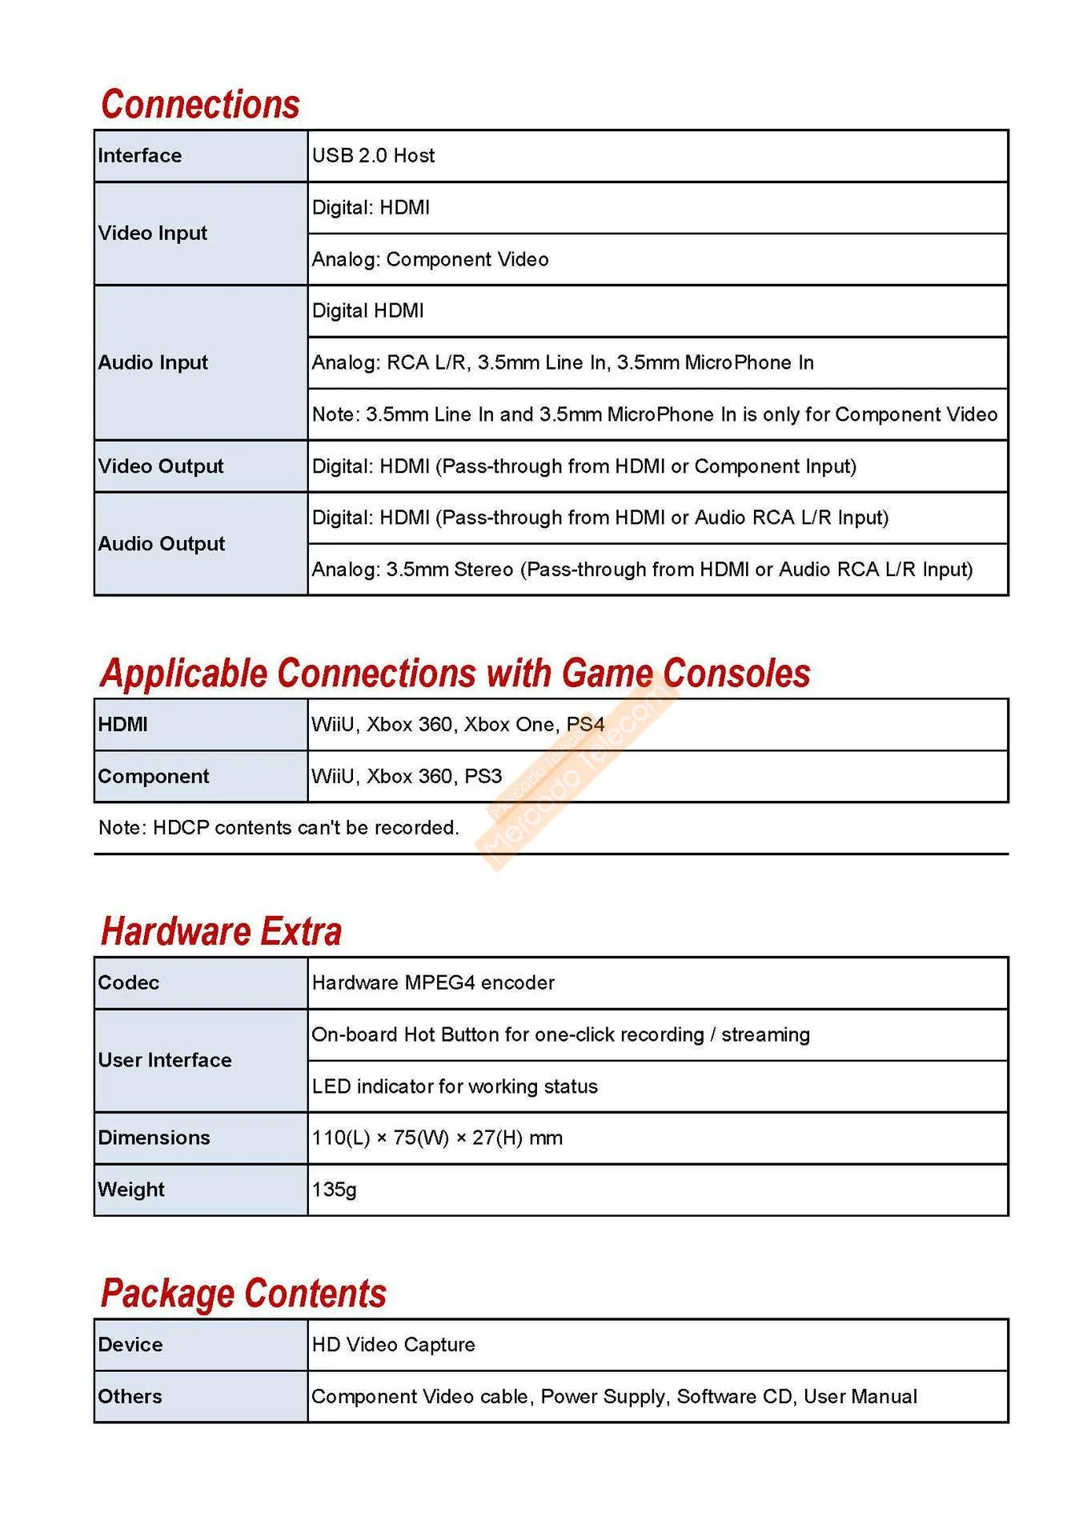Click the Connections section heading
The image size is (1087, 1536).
(x=200, y=105)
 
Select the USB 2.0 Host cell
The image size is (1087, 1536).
(x=373, y=156)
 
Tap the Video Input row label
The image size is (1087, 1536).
(x=152, y=234)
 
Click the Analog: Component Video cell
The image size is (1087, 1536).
(x=430, y=260)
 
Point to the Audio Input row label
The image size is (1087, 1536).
(x=152, y=363)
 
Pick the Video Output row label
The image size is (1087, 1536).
(x=160, y=466)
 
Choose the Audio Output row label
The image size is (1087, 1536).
(x=161, y=544)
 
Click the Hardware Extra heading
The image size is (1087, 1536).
(x=221, y=932)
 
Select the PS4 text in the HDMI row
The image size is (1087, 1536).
(x=585, y=725)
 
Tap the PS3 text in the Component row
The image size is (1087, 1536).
(x=483, y=777)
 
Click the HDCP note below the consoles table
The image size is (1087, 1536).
(x=279, y=828)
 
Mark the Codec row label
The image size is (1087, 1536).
(x=128, y=983)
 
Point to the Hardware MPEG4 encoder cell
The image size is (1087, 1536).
(x=433, y=983)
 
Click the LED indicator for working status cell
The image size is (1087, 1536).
(x=455, y=1087)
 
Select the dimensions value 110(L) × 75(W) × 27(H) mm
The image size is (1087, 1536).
(x=437, y=1138)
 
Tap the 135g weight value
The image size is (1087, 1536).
(x=334, y=1190)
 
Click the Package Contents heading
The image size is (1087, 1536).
(x=243, y=1294)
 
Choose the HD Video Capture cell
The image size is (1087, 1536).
(x=393, y=1346)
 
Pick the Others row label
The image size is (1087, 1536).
(x=130, y=1397)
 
